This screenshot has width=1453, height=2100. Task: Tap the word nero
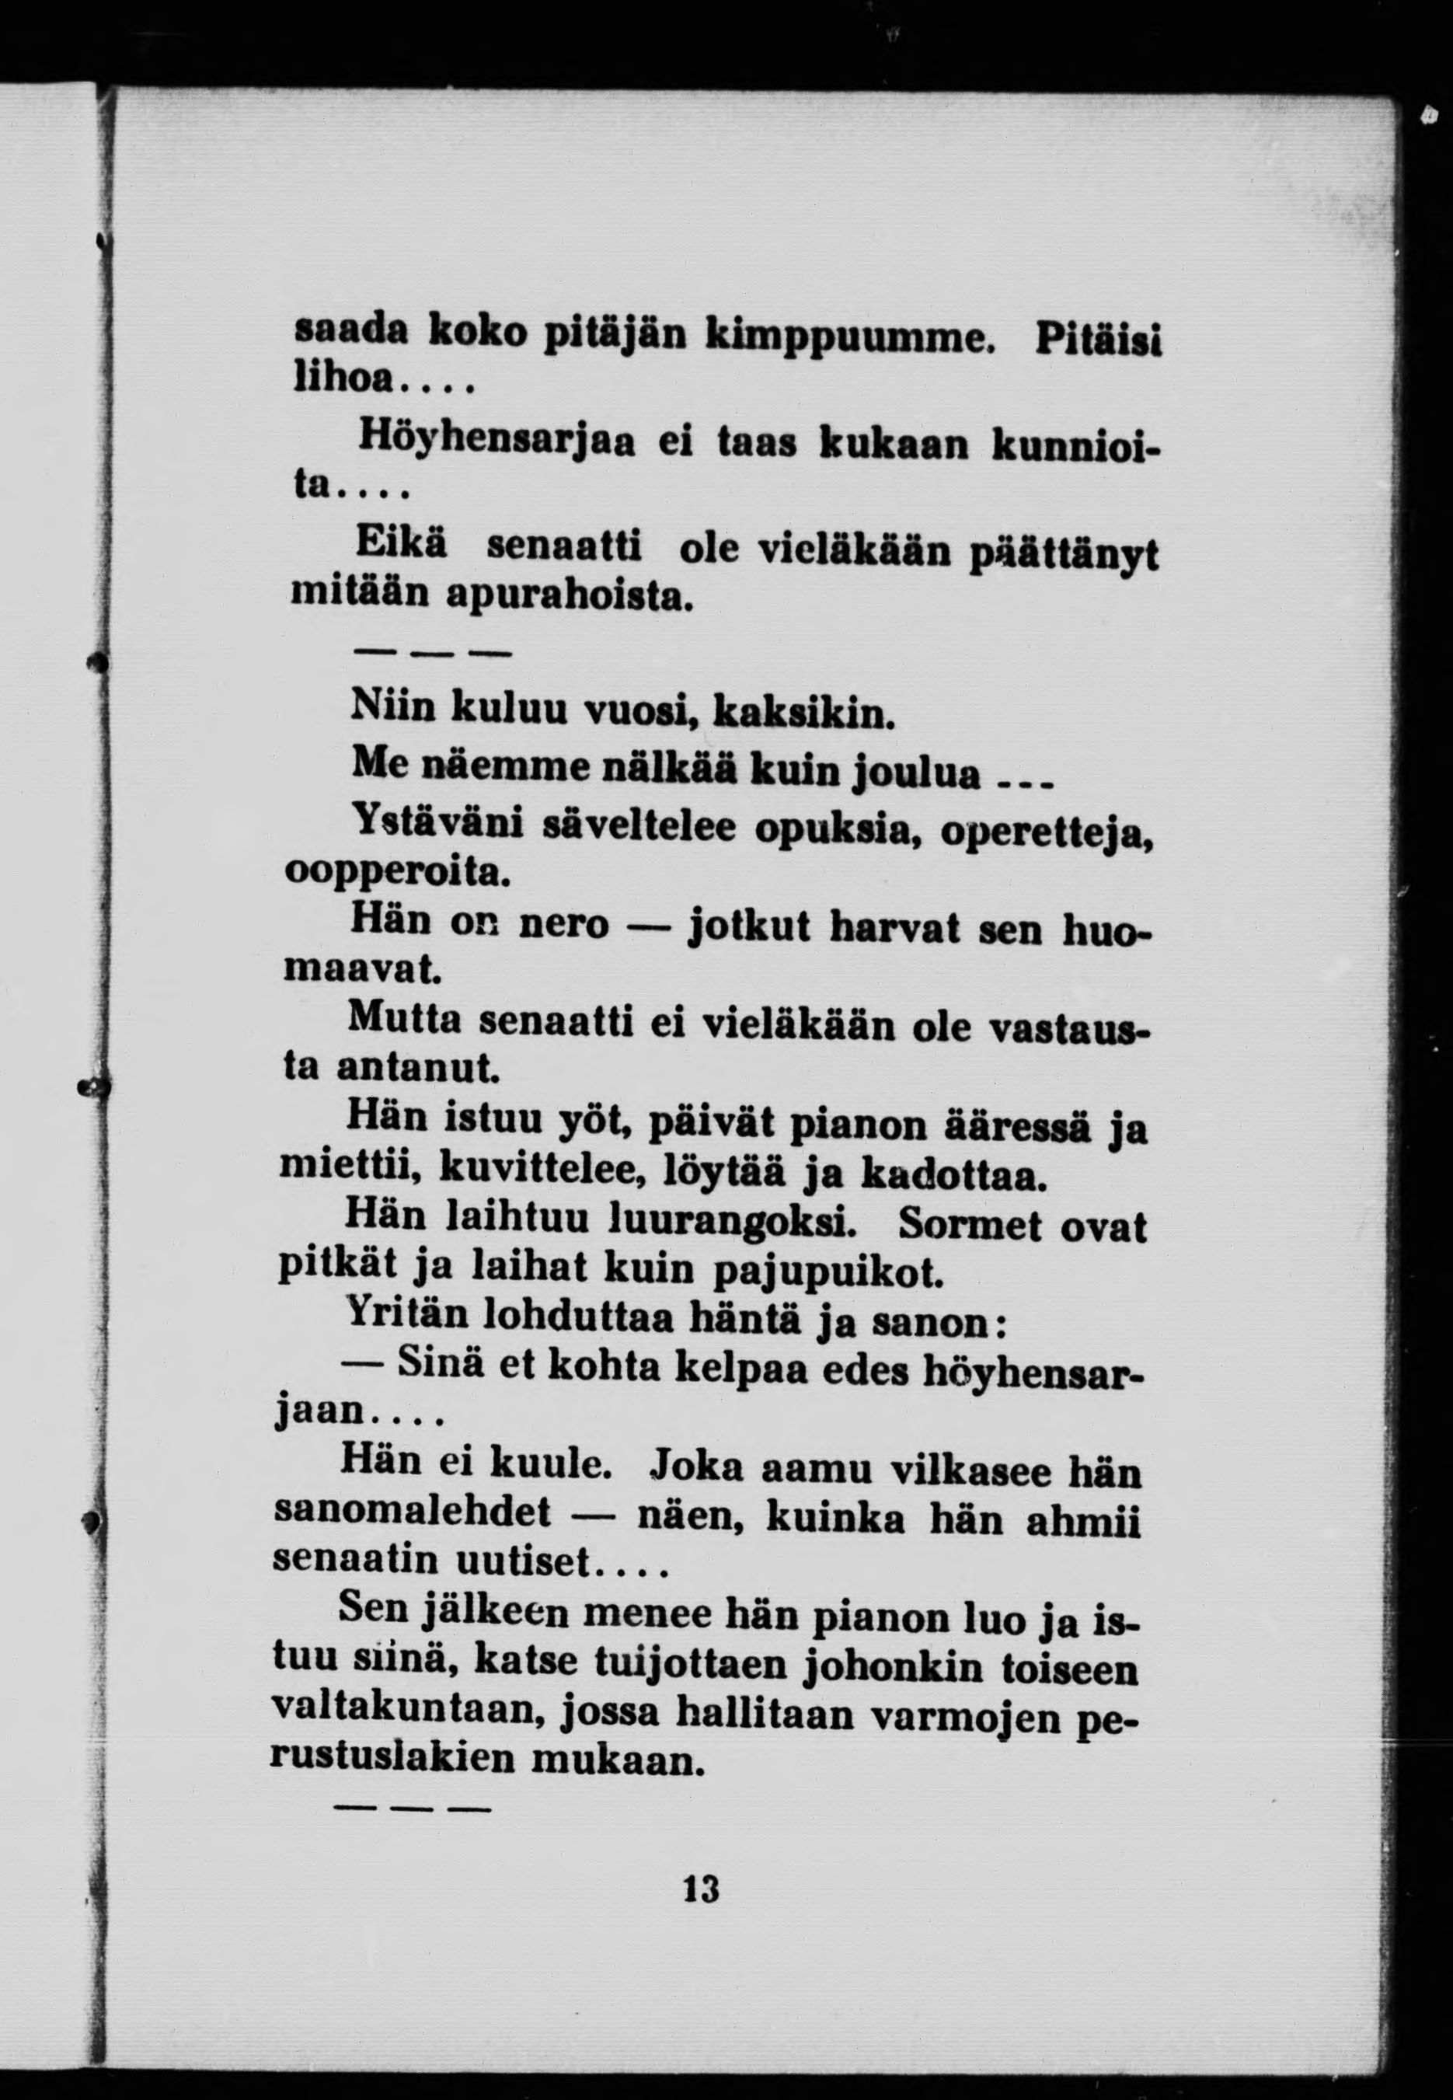[x=563, y=924]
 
